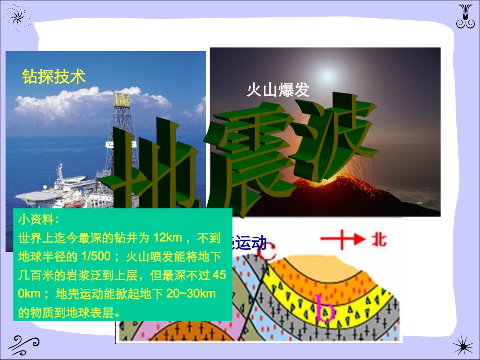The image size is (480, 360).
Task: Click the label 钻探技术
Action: point(54,77)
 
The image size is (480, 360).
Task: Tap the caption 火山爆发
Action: point(277,90)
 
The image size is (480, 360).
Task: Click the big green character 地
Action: point(152,172)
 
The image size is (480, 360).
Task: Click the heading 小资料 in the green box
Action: point(38,220)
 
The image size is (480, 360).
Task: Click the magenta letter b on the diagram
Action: point(325,307)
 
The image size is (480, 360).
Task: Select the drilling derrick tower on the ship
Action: point(121,126)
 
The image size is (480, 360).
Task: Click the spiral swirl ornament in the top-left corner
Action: point(17,16)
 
